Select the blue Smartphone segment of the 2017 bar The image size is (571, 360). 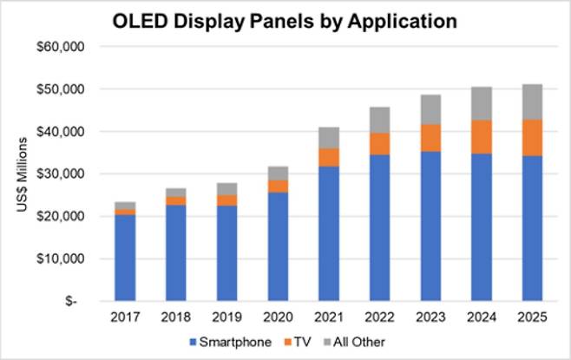[125, 258]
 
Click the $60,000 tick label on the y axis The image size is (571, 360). [76, 47]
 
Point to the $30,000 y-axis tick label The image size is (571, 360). [76, 173]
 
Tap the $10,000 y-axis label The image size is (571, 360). [76, 259]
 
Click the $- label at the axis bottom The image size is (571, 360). [87, 301]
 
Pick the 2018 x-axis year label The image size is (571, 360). [175, 317]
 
